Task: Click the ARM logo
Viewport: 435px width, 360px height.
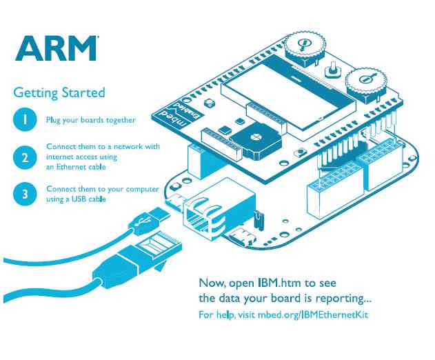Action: pyautogui.click(x=57, y=48)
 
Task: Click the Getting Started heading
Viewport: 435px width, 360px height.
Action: pyautogui.click(x=59, y=92)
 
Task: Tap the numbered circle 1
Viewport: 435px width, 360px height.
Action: pyautogui.click(x=24, y=119)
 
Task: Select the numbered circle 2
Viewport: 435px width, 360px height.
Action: pyautogui.click(x=24, y=157)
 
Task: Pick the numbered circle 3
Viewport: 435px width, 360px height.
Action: pyautogui.click(x=24, y=194)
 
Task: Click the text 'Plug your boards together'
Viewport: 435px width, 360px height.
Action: pyautogui.click(x=90, y=120)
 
